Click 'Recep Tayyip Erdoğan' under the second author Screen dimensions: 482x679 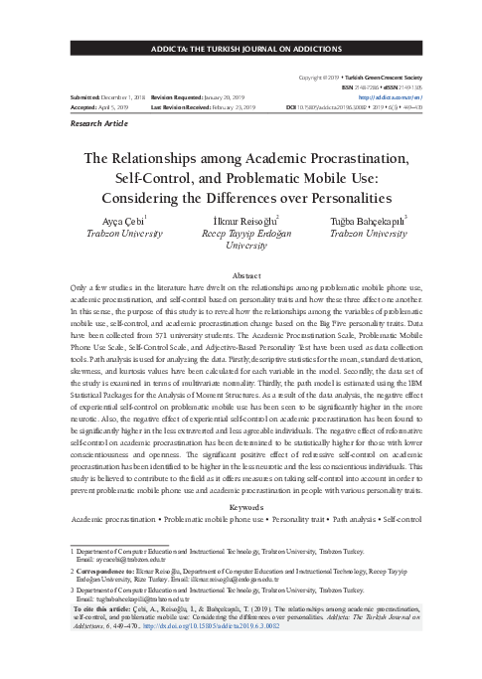[x=241, y=234]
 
